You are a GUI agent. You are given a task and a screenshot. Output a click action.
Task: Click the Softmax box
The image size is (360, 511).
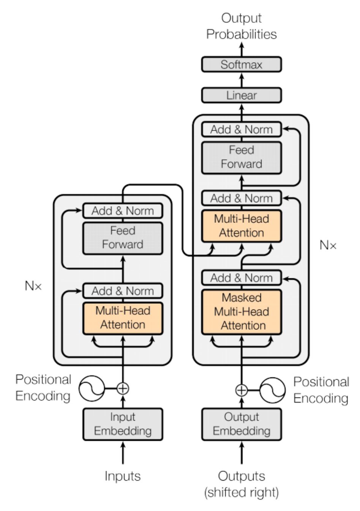click(x=241, y=65)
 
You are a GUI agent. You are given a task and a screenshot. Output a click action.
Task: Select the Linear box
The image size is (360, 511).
click(x=241, y=95)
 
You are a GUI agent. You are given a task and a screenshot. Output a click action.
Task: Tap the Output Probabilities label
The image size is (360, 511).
click(x=241, y=26)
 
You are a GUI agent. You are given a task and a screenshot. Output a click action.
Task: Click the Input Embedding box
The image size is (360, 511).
click(x=123, y=424)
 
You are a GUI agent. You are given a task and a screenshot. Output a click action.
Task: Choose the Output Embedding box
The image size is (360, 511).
click(x=241, y=424)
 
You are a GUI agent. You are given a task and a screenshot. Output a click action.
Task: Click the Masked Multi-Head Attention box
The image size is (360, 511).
click(x=241, y=312)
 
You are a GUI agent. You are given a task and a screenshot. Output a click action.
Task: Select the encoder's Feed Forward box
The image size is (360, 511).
click(x=123, y=238)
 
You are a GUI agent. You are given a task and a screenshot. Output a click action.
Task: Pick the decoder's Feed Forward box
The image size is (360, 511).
click(x=241, y=157)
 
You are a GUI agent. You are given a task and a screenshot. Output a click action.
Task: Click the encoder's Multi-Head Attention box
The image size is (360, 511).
click(x=123, y=318)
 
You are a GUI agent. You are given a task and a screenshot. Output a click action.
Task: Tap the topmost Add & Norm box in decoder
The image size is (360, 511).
click(x=241, y=129)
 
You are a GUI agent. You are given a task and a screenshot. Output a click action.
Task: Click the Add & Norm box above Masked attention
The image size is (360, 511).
click(x=241, y=278)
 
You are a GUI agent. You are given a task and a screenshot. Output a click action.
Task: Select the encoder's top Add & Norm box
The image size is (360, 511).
click(x=123, y=211)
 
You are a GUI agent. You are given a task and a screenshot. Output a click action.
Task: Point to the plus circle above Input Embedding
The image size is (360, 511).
click(x=123, y=388)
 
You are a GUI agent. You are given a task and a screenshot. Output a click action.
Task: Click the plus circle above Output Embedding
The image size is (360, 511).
click(x=241, y=390)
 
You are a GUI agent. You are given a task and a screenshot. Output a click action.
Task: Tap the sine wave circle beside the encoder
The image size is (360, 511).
click(x=92, y=388)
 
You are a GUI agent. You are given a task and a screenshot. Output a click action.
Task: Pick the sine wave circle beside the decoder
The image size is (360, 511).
click(x=272, y=390)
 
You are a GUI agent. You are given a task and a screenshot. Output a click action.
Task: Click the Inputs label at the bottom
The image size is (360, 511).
click(x=123, y=476)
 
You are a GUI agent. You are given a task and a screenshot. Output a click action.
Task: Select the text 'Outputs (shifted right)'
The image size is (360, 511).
click(x=241, y=484)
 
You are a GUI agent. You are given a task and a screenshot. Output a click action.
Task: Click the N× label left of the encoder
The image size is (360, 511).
click(x=33, y=286)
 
